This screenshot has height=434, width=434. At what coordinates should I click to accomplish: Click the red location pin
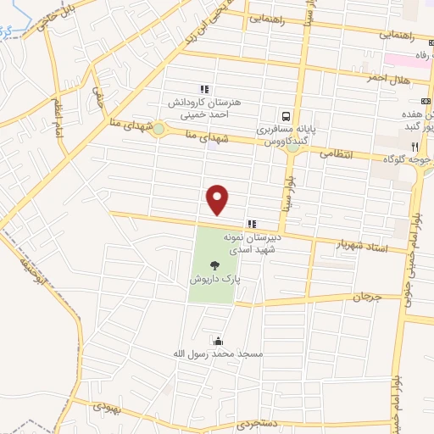[x=219, y=198]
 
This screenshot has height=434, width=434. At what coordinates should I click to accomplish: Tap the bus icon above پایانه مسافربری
[x=287, y=115]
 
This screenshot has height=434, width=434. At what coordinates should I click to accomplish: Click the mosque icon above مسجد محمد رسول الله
[x=220, y=340]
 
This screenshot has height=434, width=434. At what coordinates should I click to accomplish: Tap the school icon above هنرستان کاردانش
[x=203, y=88]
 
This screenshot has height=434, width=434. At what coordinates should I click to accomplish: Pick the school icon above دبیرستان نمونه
[x=251, y=224]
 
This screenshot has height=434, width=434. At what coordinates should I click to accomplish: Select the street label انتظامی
[x=335, y=155]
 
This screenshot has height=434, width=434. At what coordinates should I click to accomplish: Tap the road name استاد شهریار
[x=362, y=243]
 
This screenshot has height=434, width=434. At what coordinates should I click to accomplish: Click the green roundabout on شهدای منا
[x=159, y=130]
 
